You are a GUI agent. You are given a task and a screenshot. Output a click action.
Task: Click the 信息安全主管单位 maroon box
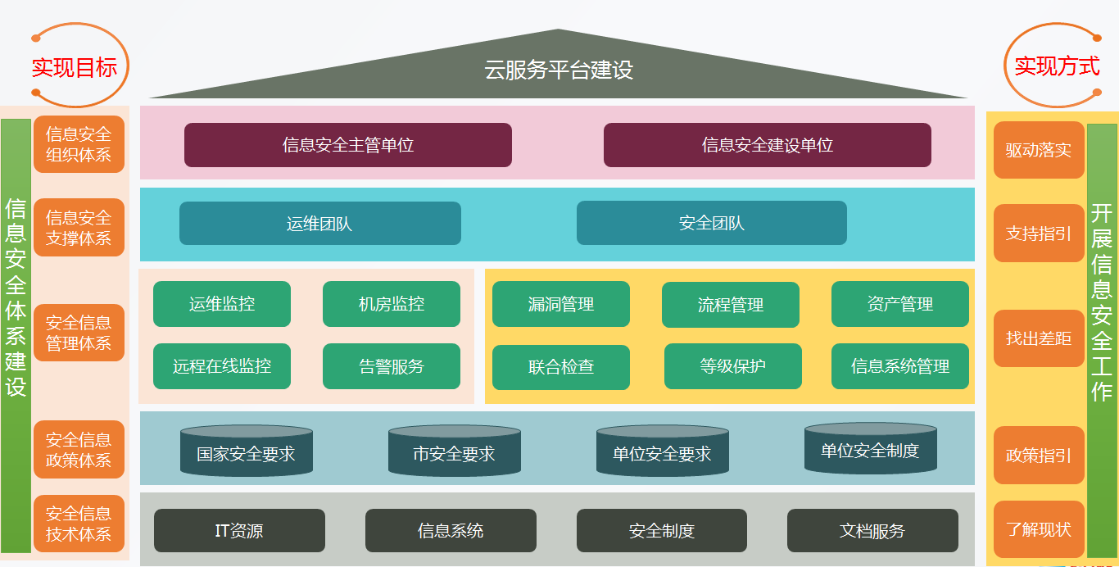coord(347,145)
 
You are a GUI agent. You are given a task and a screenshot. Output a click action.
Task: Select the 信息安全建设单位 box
coord(768,145)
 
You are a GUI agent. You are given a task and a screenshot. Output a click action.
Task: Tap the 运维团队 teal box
coord(320,224)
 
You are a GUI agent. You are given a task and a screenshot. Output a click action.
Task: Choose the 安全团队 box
coord(711,223)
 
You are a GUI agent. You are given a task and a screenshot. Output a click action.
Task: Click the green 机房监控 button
coord(391,304)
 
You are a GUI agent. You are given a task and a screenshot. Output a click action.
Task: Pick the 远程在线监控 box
coord(222,366)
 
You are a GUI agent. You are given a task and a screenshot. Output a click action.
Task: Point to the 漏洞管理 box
coord(561,304)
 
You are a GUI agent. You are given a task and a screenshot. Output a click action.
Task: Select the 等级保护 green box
coord(733,366)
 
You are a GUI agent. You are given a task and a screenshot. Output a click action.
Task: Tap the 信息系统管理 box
coord(900,366)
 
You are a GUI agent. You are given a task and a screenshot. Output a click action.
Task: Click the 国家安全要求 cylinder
coord(247,451)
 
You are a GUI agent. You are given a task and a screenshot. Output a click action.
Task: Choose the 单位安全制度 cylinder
coord(870,448)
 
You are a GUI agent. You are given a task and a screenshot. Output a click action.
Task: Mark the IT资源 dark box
coord(239,530)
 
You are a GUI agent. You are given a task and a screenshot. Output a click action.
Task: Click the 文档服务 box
coord(872,530)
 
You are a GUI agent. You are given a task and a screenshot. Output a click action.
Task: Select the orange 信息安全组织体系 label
coord(79,144)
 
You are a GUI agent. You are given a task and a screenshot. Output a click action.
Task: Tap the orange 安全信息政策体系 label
coord(79,450)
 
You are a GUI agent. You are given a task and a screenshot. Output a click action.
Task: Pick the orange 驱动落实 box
coord(1039,150)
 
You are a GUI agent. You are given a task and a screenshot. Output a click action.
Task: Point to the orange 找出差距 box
coord(1039,338)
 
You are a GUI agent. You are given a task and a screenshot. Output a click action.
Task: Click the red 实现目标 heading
coord(75,67)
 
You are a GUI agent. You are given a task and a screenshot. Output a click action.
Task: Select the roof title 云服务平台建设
coord(559,70)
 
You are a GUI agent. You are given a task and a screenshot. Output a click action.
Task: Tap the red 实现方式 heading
coord(1057,66)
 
